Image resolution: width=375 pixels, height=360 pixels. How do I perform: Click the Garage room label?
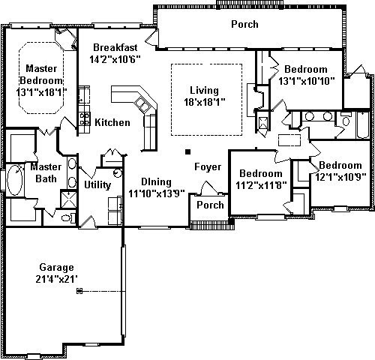point(56,268)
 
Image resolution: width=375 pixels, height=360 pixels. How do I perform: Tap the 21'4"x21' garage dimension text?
point(56,279)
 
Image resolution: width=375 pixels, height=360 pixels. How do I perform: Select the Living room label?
point(204,91)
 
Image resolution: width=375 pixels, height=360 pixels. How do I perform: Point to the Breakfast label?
point(115,47)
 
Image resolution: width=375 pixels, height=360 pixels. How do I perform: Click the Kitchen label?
point(112,122)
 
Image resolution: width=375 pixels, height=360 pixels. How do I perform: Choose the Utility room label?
point(97,185)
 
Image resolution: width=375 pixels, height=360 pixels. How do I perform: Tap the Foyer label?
point(208,167)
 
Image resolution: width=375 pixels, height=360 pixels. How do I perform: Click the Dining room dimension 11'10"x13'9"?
point(157,193)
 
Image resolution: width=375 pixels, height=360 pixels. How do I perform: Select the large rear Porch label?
point(244,24)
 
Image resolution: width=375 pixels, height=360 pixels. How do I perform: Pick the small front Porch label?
point(210,205)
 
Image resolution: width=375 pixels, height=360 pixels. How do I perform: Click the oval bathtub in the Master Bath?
point(15,180)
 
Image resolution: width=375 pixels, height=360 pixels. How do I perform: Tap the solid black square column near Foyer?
point(188,151)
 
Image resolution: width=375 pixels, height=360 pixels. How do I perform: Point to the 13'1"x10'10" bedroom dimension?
point(307,81)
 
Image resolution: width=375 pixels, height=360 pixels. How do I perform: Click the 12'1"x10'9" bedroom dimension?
point(340,177)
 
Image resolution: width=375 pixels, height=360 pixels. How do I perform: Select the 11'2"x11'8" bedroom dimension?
point(261,185)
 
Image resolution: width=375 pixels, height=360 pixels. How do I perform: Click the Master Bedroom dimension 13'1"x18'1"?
point(42,92)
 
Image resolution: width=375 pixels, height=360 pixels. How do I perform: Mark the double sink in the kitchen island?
point(142,105)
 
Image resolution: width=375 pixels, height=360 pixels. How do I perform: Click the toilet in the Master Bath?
point(67,218)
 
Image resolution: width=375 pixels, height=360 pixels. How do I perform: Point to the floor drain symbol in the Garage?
point(79,291)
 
